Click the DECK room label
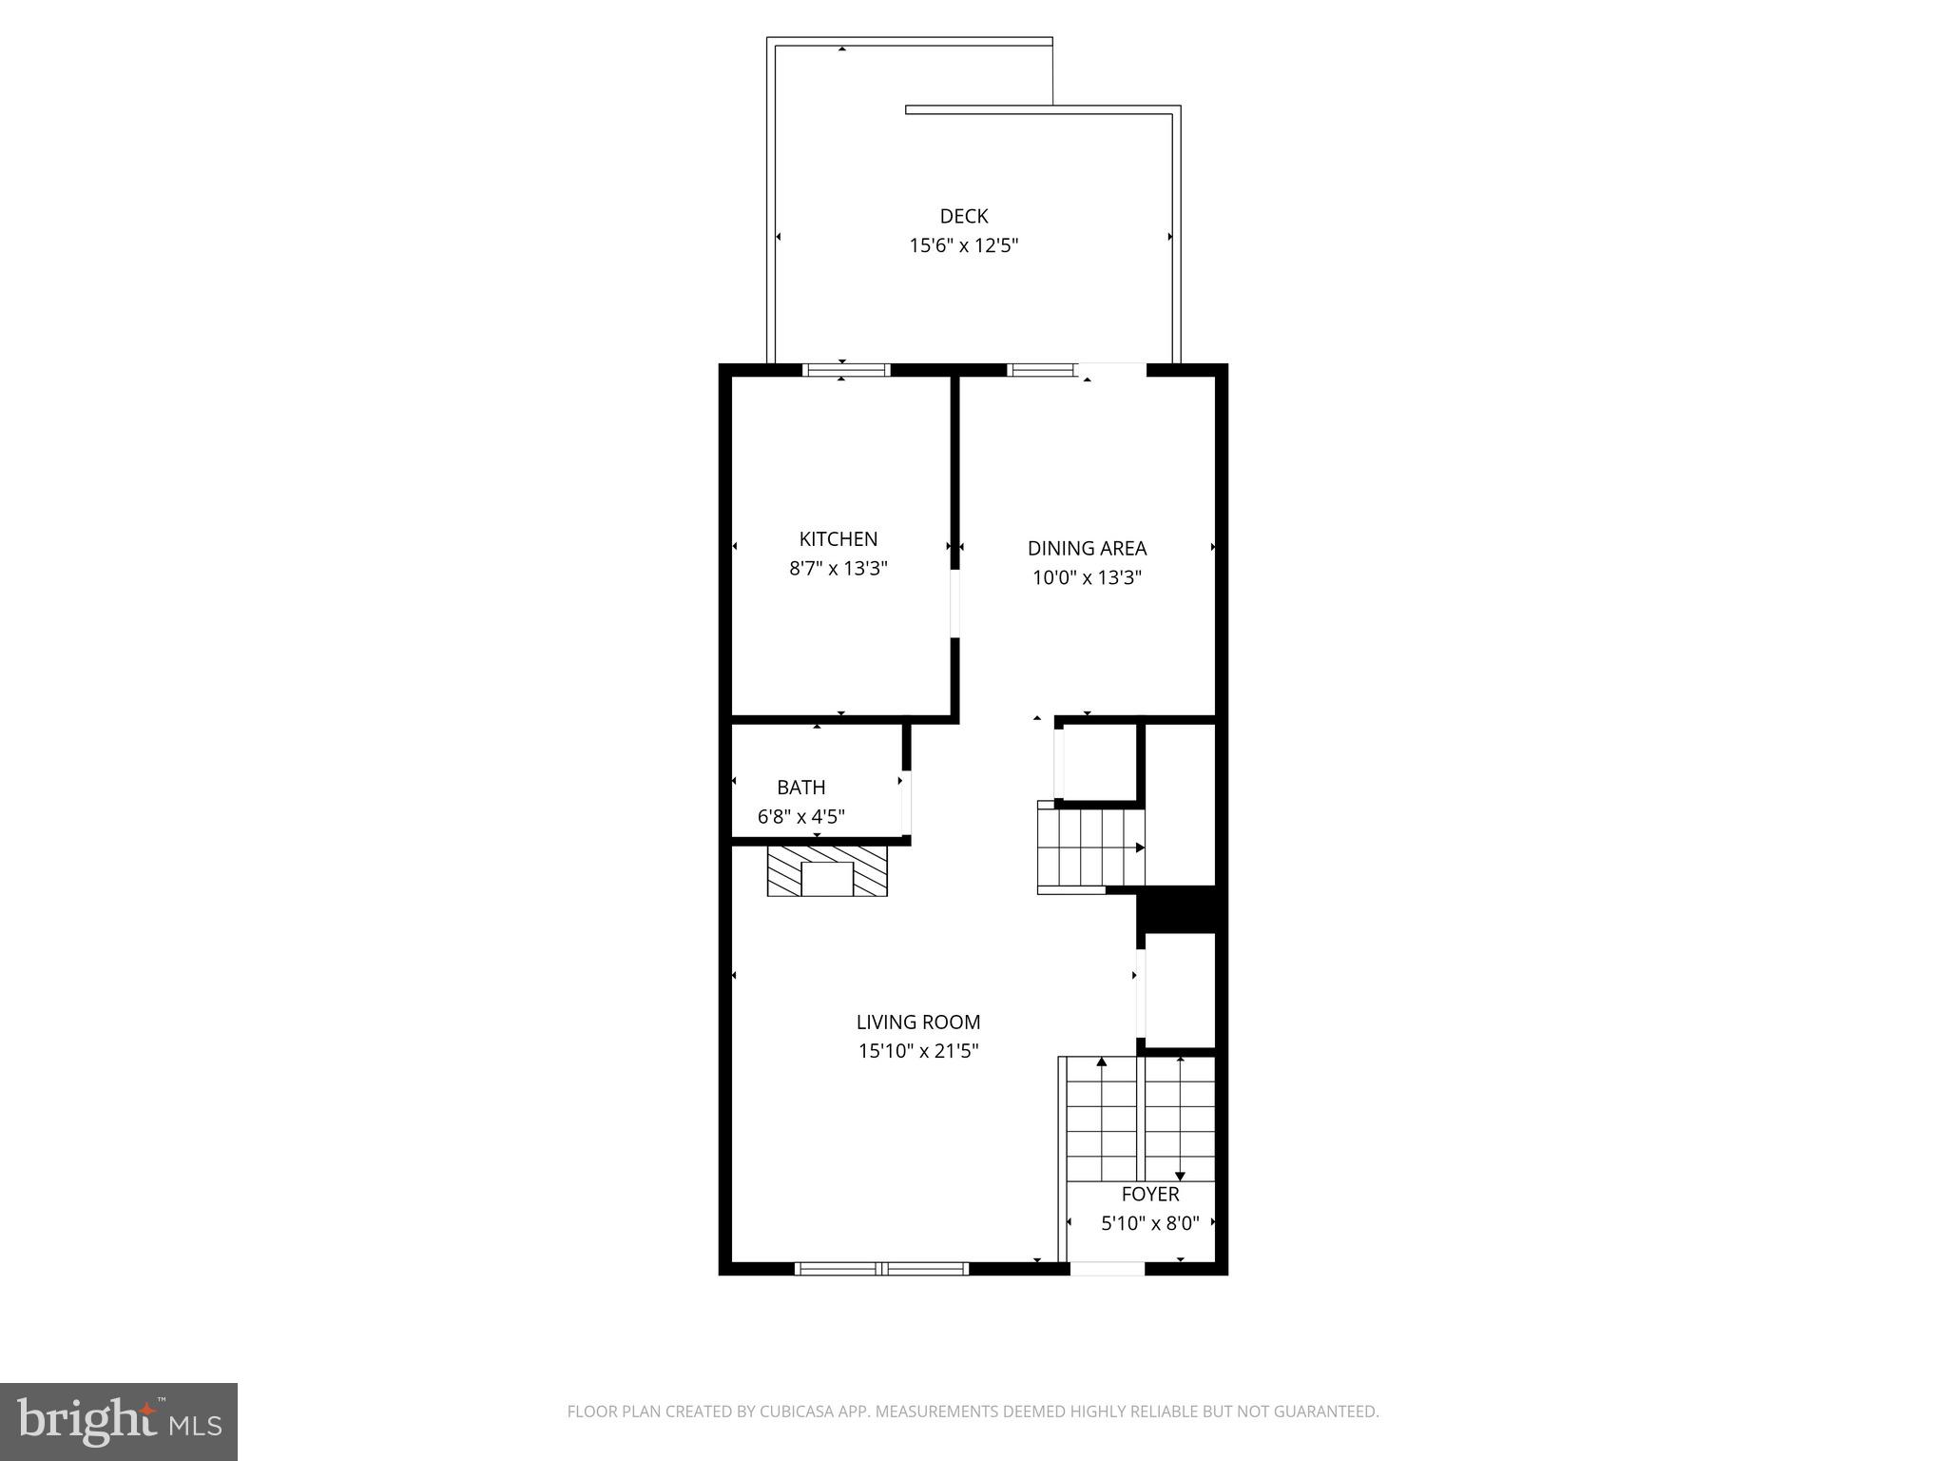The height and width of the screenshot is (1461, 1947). (x=963, y=216)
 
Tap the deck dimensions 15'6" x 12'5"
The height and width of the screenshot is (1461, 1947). (x=963, y=245)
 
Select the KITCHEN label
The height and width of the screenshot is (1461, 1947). (x=838, y=539)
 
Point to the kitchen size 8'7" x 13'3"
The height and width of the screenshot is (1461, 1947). (x=838, y=569)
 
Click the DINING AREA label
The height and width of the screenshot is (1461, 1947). (x=1087, y=548)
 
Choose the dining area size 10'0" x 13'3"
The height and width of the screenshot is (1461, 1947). (x=1087, y=577)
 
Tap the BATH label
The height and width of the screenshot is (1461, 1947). (x=800, y=788)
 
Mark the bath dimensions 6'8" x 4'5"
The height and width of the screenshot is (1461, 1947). (x=800, y=817)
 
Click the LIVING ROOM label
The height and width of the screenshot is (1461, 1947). (x=917, y=1023)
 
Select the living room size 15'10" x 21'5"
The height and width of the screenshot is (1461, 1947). (x=917, y=1051)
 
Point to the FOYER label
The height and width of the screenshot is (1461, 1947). (x=1149, y=1195)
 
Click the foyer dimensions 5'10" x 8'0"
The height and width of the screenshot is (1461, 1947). (x=1149, y=1224)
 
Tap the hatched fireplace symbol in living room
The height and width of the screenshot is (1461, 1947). (x=827, y=871)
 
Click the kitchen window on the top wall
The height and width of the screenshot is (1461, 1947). (x=846, y=370)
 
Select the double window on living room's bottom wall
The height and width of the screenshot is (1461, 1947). (x=881, y=1268)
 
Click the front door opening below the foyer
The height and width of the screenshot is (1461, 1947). (x=1107, y=1268)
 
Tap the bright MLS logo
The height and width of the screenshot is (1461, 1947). (x=119, y=1421)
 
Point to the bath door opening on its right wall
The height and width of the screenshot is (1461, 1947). (x=907, y=802)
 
